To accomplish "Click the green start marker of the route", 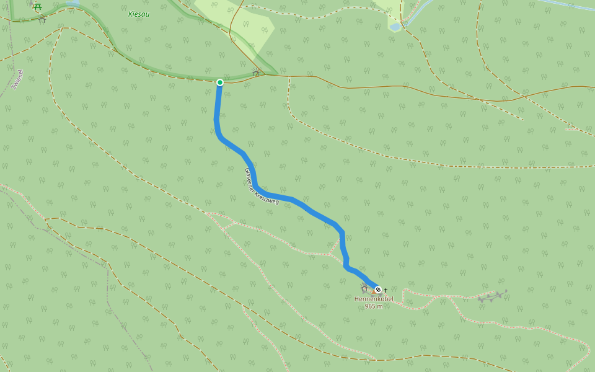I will tap(220, 82).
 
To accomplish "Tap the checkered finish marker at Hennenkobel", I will tap(378, 290).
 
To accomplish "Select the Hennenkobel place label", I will tap(374, 299).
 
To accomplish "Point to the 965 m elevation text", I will tap(374, 306).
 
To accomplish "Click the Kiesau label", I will tap(138, 14).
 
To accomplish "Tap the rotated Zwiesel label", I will tap(17, 79).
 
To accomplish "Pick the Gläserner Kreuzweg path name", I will tap(262, 186).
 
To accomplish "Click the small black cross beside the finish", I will tap(386, 290).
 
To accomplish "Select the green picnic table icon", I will tap(38, 7).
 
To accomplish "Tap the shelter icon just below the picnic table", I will tap(42, 19).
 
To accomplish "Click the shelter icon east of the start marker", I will tap(256, 73).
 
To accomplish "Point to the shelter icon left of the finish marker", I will tap(364, 288).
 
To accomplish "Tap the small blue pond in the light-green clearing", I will tap(395, 27).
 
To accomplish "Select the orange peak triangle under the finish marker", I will tap(375, 293).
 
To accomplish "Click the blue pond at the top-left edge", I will tap(73, 2).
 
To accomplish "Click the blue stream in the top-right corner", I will tap(564, 6).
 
